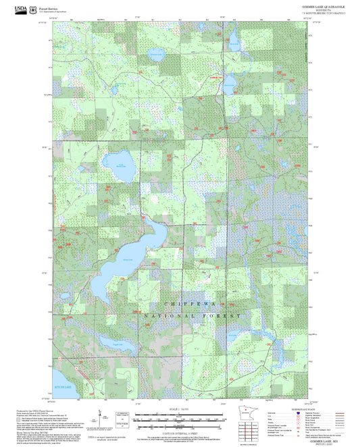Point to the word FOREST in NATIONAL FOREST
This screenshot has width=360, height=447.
pos(226,316)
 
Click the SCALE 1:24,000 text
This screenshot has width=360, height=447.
pos(179,409)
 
